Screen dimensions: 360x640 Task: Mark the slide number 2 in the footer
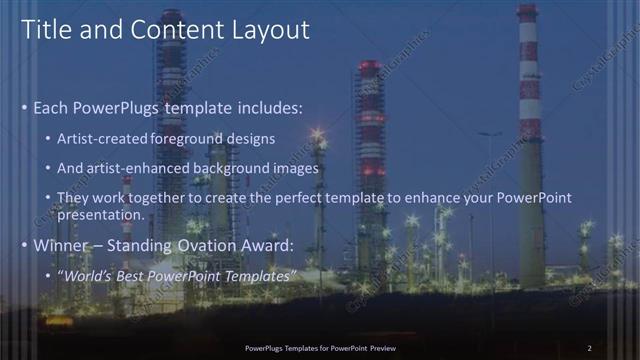pos(589,348)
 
